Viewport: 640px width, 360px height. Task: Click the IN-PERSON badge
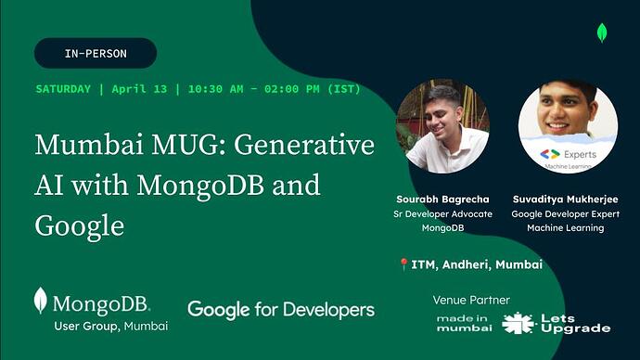tap(96, 54)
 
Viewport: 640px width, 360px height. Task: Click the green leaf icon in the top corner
tap(601, 33)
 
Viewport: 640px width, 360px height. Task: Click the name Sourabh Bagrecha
tap(442, 199)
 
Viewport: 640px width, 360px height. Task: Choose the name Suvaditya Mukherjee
tap(565, 199)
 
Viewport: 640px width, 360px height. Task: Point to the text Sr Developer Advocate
tap(442, 213)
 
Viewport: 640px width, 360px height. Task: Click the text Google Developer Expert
tap(565, 213)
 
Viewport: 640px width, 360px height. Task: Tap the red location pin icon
tap(403, 264)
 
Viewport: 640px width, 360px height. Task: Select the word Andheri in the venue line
tap(459, 264)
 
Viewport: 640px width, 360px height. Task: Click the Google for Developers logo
tap(281, 309)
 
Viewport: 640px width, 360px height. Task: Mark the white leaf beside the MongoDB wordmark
tap(40, 301)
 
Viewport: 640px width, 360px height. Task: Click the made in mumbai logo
tap(463, 323)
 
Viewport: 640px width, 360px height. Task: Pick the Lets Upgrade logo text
tap(574, 323)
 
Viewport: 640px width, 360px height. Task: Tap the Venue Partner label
tap(471, 300)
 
